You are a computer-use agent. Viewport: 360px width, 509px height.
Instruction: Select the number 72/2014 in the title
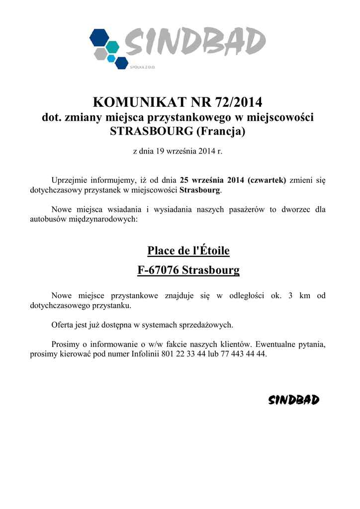[x=238, y=102]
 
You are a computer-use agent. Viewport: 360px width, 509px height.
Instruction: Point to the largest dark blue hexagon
[x=99, y=37]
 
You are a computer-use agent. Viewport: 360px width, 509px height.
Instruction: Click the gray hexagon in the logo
[x=101, y=53]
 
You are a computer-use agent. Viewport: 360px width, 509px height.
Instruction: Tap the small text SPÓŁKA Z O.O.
[x=143, y=67]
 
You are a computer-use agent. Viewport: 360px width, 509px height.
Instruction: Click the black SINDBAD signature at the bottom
[x=293, y=400]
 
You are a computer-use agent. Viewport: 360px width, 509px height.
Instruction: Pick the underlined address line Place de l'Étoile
[x=188, y=251]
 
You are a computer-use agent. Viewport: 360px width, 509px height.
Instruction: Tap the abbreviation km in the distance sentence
[x=305, y=296]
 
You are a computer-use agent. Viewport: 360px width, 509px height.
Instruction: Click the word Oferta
[x=63, y=325]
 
